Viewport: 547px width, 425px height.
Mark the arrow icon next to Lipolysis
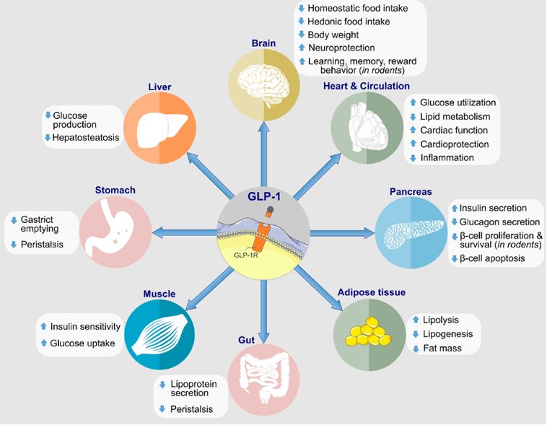tap(416, 320)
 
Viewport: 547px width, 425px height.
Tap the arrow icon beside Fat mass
tap(416, 349)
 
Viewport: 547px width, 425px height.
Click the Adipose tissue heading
tap(371, 292)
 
